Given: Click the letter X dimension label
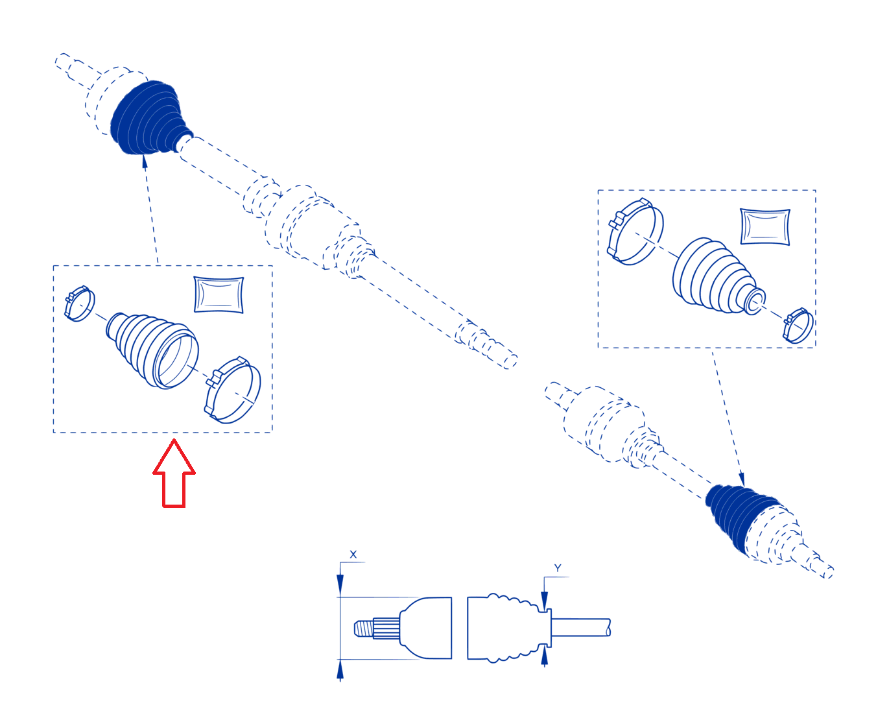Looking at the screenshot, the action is pos(353,555).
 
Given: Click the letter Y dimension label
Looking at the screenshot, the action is pos(558,568).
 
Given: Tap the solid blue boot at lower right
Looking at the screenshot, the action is pos(738,516).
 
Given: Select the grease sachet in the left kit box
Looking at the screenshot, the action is pos(219,294).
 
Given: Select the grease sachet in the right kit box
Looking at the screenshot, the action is pos(765,226).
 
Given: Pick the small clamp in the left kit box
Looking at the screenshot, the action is pos(80,304).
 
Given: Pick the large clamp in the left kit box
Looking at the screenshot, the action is pos(233,390).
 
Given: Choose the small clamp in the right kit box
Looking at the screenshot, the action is pos(798,326).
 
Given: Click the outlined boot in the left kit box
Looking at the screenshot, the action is pos(152,351).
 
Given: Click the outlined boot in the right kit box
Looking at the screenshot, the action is pos(718,276).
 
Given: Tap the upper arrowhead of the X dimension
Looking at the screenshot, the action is pos(340,585).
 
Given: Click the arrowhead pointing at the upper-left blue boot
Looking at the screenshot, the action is pos(145,162).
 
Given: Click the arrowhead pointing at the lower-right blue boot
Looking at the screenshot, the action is pos(742,479).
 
